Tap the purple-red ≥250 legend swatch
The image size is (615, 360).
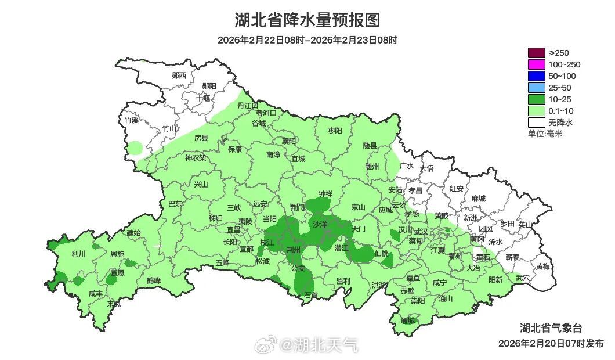coord(537,53)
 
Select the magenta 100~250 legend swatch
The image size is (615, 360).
coord(537,64)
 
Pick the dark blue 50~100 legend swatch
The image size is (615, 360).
coord(537,76)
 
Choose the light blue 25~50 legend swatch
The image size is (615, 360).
coord(537,88)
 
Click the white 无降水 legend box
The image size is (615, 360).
coord(537,123)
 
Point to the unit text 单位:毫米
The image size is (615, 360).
coord(545,134)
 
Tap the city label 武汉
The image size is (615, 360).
coord(421,232)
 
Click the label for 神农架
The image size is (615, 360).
coord(196,157)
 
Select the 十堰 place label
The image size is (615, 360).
coord(203,98)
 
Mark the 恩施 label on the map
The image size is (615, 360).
coord(117,254)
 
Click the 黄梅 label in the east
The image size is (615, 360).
coord(543,267)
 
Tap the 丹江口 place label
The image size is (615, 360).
coord(248,106)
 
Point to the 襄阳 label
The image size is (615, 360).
coord(288,141)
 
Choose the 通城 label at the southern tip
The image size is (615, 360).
coord(408,321)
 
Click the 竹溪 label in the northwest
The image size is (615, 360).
coord(132,120)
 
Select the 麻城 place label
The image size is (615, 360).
coord(478,199)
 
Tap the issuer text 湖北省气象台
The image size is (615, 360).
coord(547,327)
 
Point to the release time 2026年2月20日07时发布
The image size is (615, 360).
coord(551,343)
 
